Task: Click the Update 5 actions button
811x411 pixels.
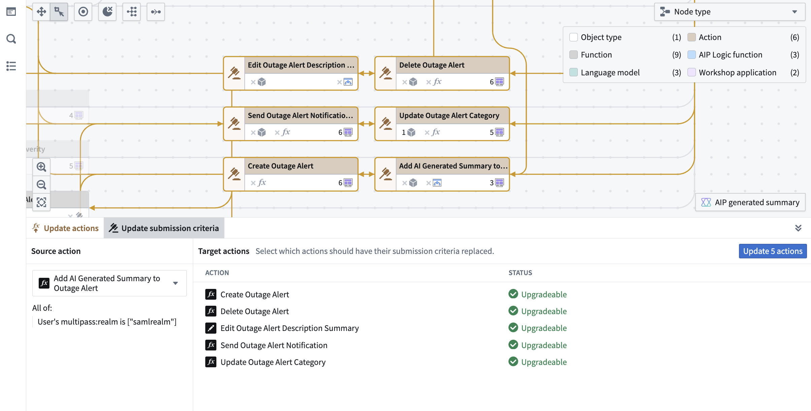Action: point(772,251)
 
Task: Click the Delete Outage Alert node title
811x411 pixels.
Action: point(432,65)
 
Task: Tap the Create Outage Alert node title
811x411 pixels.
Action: point(280,166)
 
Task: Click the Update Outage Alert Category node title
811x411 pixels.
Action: point(449,115)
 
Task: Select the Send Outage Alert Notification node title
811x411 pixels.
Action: point(300,115)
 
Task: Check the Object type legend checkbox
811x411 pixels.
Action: point(573,37)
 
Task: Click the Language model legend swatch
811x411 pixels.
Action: point(573,72)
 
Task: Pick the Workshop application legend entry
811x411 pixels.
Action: point(737,72)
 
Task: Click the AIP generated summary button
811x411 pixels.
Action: point(750,202)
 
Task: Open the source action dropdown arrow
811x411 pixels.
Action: point(175,283)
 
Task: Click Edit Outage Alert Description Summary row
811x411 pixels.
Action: point(289,328)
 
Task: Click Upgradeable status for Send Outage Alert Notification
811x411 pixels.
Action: point(543,345)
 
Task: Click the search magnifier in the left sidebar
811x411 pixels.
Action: point(11,39)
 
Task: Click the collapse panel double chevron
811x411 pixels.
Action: point(798,228)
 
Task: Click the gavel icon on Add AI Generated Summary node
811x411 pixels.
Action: point(385,174)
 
